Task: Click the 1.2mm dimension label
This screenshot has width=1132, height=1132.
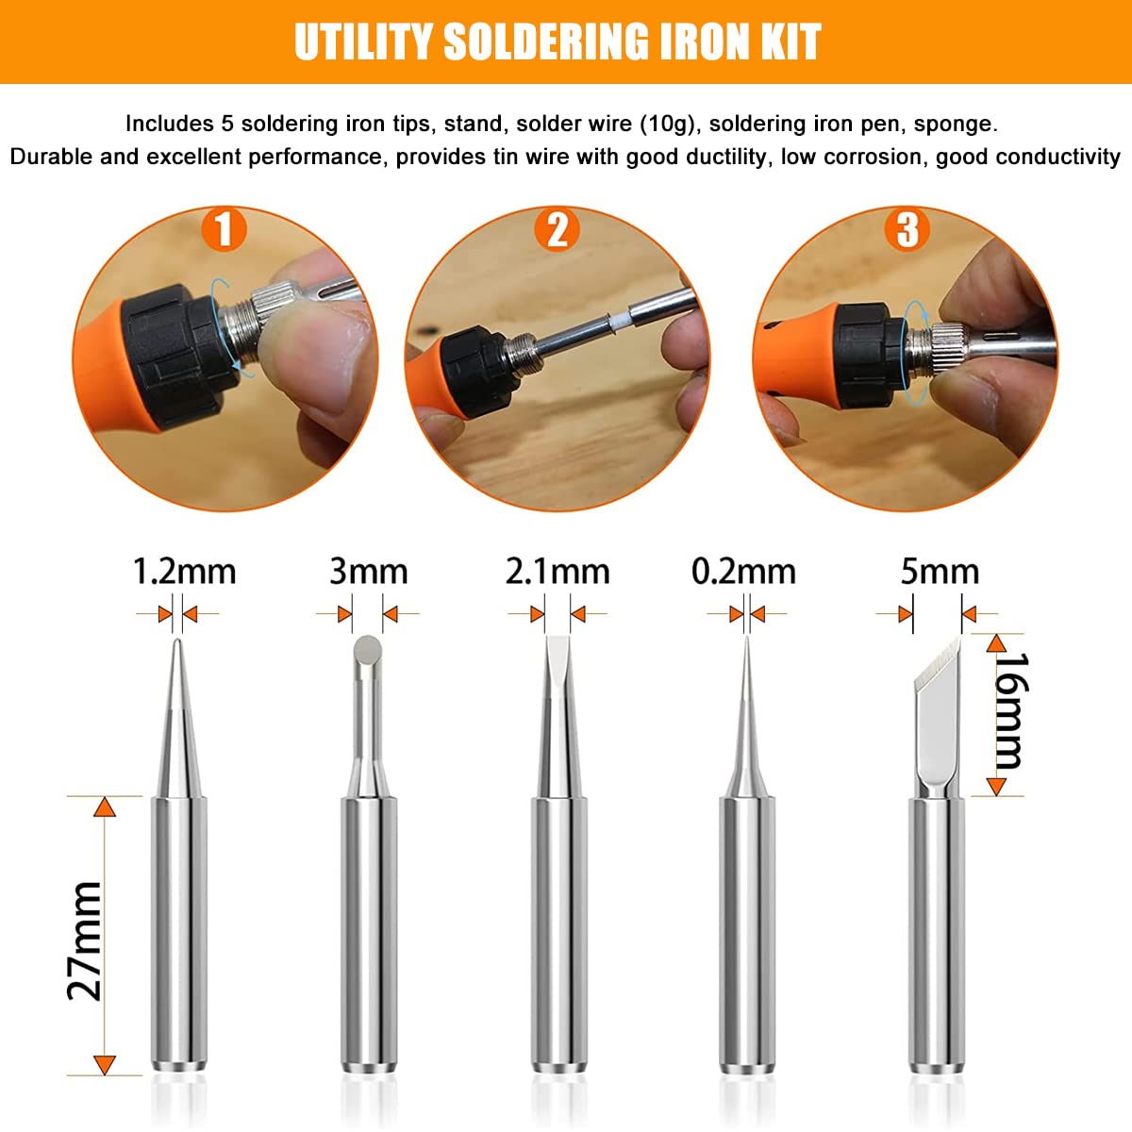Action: coord(184,572)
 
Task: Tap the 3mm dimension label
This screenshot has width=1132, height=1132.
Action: coord(368,572)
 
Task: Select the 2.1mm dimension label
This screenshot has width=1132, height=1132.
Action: coord(558,572)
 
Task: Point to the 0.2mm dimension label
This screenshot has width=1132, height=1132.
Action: coord(743,572)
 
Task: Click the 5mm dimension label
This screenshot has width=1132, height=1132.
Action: coord(940,572)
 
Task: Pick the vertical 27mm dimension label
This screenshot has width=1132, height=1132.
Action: coord(86,940)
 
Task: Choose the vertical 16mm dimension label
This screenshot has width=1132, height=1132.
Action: coord(1012,711)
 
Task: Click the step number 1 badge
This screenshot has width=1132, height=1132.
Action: coord(224,229)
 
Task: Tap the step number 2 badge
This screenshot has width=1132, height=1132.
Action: coord(558,229)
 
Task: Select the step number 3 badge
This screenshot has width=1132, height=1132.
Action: coord(907,229)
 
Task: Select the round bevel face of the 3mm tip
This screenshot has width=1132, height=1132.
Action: coord(368,649)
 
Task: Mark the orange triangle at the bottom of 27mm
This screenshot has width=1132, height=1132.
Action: coord(105,1065)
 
